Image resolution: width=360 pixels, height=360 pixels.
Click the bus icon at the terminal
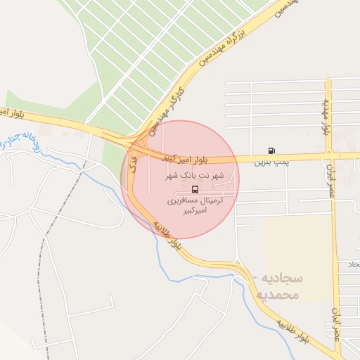click(x=195, y=189)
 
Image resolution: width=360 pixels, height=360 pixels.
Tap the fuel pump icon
click(x=271, y=150)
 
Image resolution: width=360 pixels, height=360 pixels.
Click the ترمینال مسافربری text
click(x=195, y=200)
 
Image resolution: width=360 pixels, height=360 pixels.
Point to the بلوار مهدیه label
click(x=326, y=115)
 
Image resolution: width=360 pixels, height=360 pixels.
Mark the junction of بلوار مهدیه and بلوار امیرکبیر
click(x=328, y=153)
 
